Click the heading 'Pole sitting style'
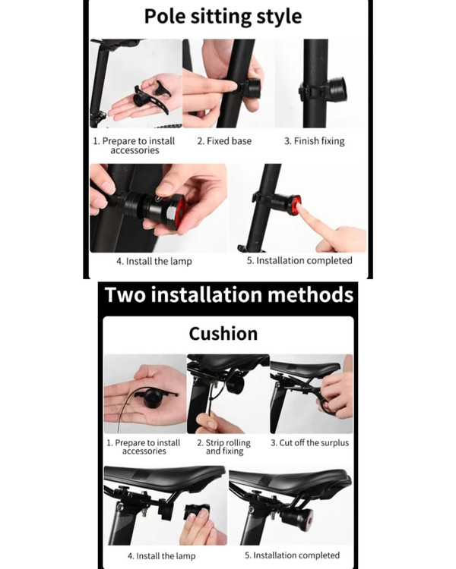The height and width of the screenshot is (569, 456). (223, 17)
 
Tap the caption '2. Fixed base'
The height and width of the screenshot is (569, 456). (224, 141)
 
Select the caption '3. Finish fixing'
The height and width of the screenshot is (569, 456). (314, 141)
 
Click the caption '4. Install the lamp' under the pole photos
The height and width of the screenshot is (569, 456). (154, 261)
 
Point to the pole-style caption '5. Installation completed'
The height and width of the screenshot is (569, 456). (299, 260)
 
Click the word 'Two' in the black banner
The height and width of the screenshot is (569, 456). (125, 294)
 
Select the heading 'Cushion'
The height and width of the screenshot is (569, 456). (223, 334)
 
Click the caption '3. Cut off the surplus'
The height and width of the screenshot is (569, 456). (310, 443)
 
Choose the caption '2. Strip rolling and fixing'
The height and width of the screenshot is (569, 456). (224, 447)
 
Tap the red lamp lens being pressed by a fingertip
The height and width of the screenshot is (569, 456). (296, 205)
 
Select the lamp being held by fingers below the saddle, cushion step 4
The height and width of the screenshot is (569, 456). (197, 513)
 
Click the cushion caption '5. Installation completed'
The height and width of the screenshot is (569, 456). (293, 555)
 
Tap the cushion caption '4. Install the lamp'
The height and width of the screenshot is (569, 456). (161, 555)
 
